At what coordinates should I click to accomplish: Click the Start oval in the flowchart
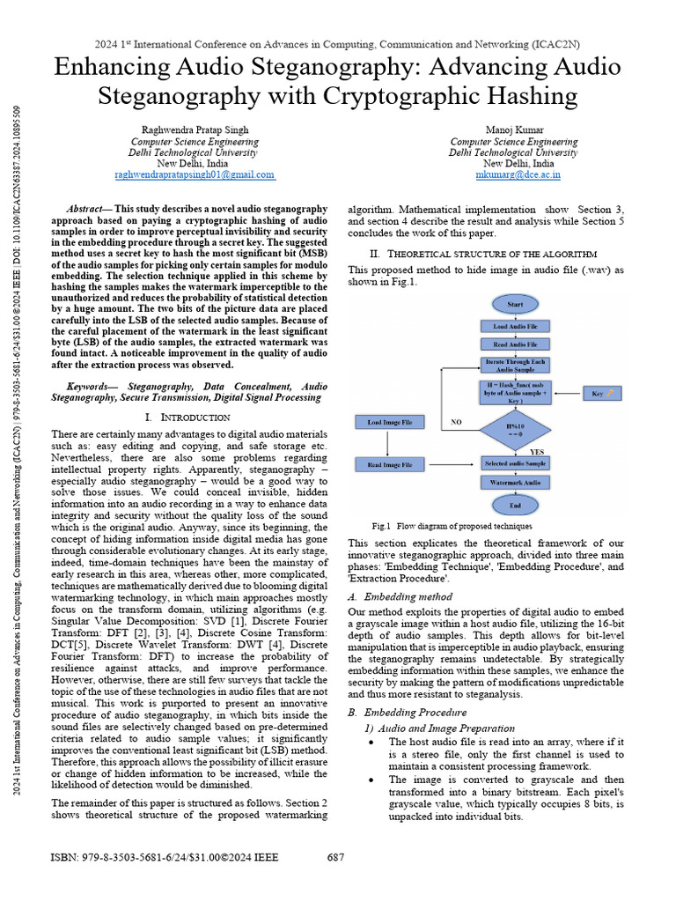click(514, 304)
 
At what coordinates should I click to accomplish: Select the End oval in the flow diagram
click(514, 505)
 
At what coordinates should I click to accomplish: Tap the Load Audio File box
click(514, 326)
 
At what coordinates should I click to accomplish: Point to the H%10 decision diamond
click(514, 430)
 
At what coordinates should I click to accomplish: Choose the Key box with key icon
click(603, 392)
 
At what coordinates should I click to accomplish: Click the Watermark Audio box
click(514, 483)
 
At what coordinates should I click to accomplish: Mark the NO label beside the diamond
click(456, 423)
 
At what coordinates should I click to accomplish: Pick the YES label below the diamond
click(536, 451)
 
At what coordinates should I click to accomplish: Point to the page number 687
click(335, 857)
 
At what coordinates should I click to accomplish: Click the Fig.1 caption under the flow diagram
click(452, 525)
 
